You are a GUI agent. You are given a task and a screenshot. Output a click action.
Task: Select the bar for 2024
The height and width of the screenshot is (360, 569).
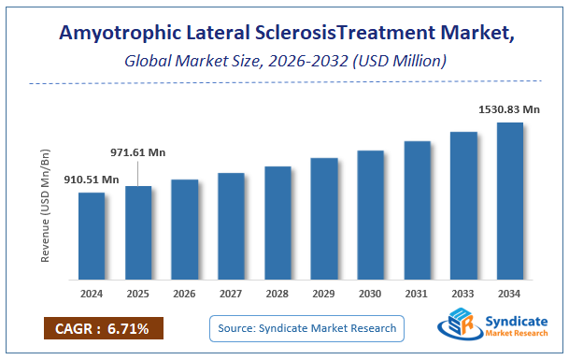[x=92, y=236]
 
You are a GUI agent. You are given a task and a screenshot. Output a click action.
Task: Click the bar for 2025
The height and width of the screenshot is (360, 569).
[x=138, y=233]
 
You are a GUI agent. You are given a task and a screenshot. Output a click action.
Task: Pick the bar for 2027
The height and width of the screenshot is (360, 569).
[x=231, y=226]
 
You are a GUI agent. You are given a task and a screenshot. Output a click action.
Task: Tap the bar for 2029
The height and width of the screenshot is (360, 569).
[x=323, y=219]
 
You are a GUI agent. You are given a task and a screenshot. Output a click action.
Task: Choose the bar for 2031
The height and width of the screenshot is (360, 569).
[x=417, y=210]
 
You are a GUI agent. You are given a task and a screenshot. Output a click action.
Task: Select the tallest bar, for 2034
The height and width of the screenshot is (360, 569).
[x=509, y=201]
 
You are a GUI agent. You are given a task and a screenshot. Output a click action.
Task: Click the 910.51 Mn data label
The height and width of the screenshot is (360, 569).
[x=92, y=179]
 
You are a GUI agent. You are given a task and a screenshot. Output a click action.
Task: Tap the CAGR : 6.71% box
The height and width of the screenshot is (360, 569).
[x=103, y=328]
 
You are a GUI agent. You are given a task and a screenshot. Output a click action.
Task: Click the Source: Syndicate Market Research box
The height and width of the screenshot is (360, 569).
[x=306, y=328]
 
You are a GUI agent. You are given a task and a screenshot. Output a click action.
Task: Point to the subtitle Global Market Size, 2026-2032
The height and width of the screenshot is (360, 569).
[x=284, y=61]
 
